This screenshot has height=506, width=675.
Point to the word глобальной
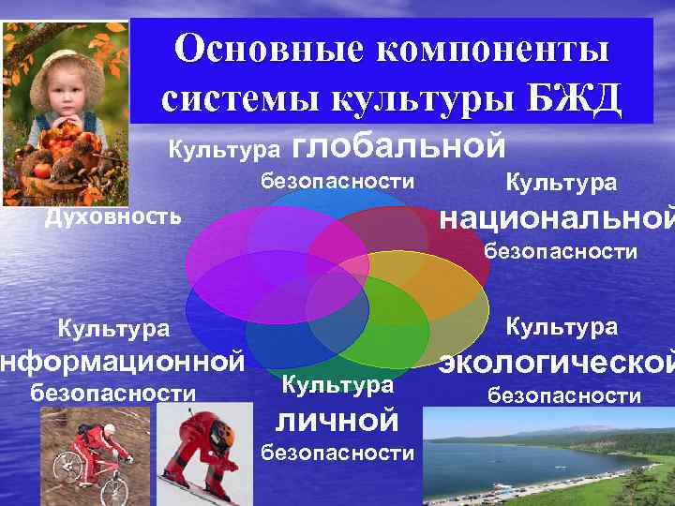(x=399, y=145)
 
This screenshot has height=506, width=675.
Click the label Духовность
(x=113, y=217)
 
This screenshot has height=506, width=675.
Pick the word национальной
(x=557, y=218)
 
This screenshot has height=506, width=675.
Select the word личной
(x=337, y=419)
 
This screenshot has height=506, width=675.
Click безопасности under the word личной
(x=337, y=454)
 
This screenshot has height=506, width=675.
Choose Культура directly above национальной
(x=561, y=181)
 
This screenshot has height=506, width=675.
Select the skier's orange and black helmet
(x=221, y=432)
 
